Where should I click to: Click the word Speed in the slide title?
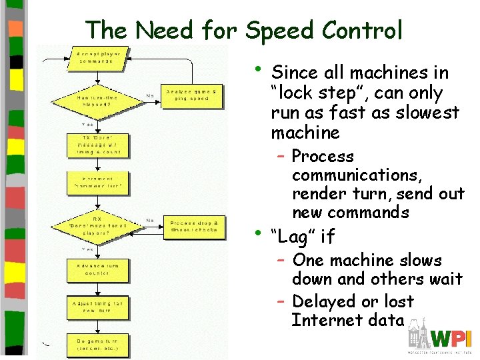tap(280, 30)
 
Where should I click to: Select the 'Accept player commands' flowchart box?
tap(98, 57)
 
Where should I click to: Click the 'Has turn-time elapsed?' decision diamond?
tap(98, 100)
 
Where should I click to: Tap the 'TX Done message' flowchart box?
tap(98, 145)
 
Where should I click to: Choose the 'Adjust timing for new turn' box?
tap(98, 307)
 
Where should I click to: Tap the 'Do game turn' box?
tap(98, 345)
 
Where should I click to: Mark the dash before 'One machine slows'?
tap(282, 260)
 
